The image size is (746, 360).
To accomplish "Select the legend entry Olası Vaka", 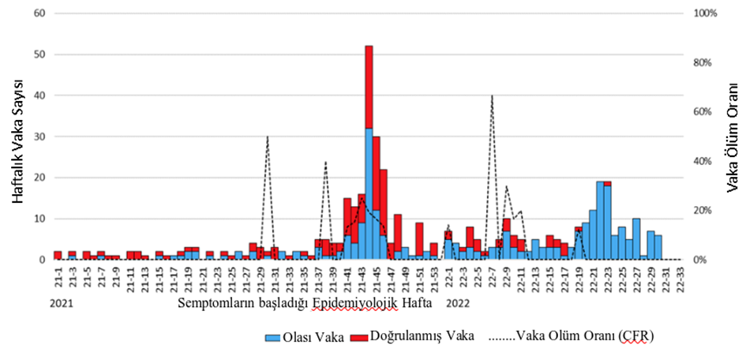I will tap(303, 336).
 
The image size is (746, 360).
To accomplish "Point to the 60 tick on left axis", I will tap(39, 13).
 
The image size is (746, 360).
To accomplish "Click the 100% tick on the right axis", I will tap(704, 13).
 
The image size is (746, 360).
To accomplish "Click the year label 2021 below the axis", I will tap(62, 302).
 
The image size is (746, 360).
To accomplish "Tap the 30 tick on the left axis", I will tap(39, 137).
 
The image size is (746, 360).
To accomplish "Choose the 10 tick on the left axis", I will tap(39, 219).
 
